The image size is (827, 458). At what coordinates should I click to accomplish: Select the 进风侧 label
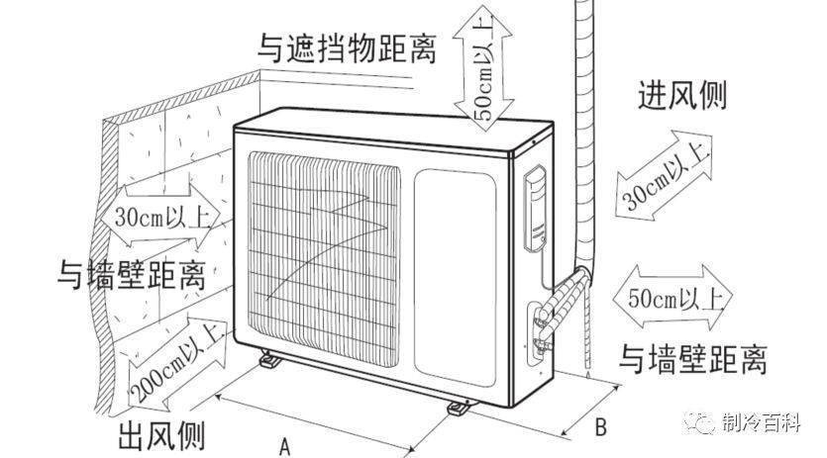pyautogui.click(x=683, y=96)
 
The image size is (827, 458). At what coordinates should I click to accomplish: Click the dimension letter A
pyautogui.click(x=285, y=445)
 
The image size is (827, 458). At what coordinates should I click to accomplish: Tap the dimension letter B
pyautogui.click(x=599, y=427)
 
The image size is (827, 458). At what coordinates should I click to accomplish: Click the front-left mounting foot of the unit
pyautogui.click(x=268, y=361)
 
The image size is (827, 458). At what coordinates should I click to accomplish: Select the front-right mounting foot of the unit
pyautogui.click(x=460, y=406)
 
